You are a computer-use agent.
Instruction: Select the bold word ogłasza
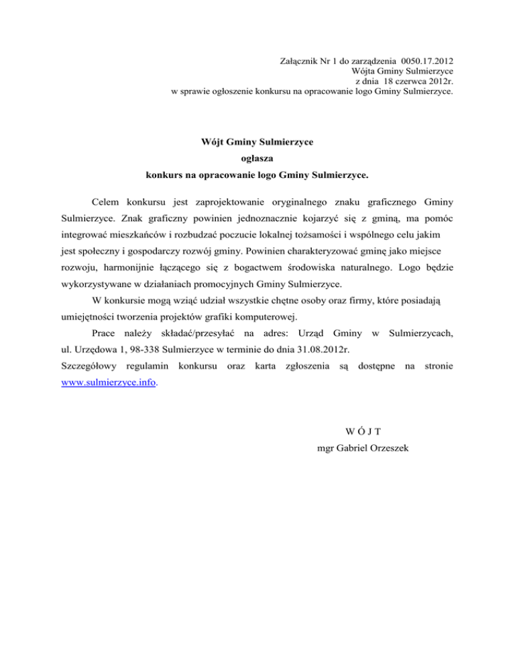tap(257, 159)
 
